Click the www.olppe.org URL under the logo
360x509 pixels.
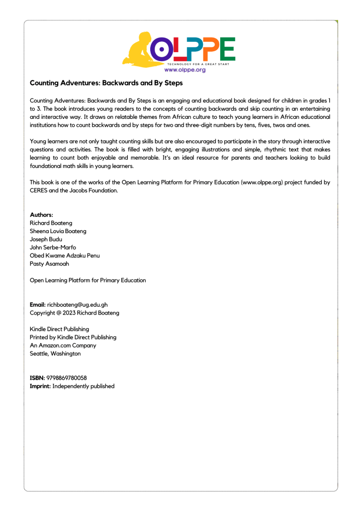pos(185,70)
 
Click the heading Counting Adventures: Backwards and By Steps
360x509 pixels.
pos(106,83)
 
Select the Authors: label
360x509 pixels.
pos(42,215)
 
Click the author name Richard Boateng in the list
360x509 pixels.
pos(51,223)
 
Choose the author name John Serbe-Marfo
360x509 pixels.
pos(53,248)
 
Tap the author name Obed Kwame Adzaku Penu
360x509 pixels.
pos(65,255)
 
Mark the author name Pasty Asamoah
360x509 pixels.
pos(49,264)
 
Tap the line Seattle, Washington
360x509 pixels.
pos(55,353)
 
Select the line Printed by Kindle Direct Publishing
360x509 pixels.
pos(73,337)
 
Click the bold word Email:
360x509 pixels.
pos(38,305)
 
